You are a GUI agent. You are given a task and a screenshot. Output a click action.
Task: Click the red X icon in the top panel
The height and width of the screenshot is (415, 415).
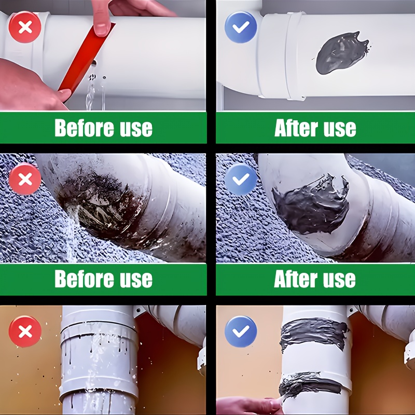[x=25, y=27]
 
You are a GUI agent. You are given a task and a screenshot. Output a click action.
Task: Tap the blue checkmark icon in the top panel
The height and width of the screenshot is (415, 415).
[x=241, y=27]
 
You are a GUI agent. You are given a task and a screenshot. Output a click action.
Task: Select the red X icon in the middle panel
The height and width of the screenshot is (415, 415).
[x=25, y=179]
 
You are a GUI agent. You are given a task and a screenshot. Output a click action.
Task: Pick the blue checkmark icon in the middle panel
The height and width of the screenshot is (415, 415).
[x=241, y=179]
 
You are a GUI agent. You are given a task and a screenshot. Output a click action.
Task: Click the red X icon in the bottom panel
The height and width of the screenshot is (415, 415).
[x=25, y=331]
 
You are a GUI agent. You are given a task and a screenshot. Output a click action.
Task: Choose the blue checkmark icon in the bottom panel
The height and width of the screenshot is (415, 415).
[x=241, y=331]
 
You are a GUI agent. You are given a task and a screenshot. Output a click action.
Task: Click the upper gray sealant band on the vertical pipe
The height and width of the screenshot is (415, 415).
[x=314, y=334]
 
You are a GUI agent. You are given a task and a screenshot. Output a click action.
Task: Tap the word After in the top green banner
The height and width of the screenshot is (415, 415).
[x=296, y=128]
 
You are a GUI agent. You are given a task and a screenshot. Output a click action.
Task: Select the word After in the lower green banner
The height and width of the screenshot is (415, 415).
[x=296, y=279]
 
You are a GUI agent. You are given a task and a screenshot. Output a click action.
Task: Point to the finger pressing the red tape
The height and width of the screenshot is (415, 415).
[x=101, y=19]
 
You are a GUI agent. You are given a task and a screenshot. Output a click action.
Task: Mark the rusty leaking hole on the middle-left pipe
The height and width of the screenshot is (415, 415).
[x=98, y=209]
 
